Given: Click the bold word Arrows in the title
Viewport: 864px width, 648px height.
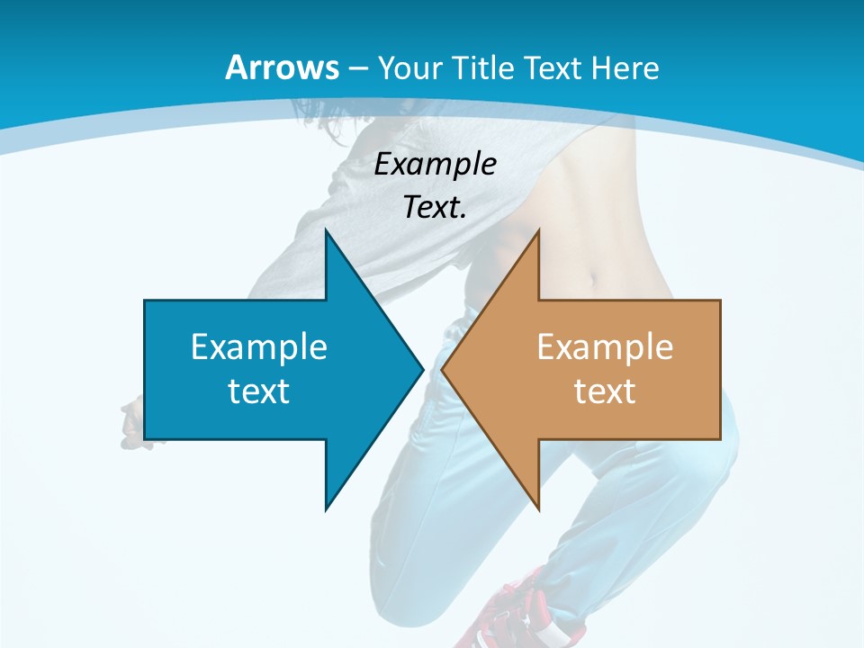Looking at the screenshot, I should (x=282, y=67).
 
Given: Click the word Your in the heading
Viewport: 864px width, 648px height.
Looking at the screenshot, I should (x=407, y=67).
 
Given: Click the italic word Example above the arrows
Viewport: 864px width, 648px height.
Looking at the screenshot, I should (x=436, y=164).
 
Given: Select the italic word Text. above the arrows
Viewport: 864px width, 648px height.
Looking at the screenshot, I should (x=436, y=208).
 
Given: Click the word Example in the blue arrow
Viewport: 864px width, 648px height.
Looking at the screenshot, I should (x=259, y=347).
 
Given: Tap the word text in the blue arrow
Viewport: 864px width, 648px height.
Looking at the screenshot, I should (x=259, y=391).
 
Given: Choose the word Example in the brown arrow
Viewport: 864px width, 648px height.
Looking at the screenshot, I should (x=605, y=347).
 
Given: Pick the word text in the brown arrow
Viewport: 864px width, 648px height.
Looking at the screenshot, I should (x=605, y=391).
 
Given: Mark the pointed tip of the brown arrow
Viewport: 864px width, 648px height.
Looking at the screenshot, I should (x=444, y=369).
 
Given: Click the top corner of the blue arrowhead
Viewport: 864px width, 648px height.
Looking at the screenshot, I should (x=326, y=230).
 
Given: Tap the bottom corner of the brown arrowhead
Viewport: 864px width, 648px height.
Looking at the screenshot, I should (x=538, y=508).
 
